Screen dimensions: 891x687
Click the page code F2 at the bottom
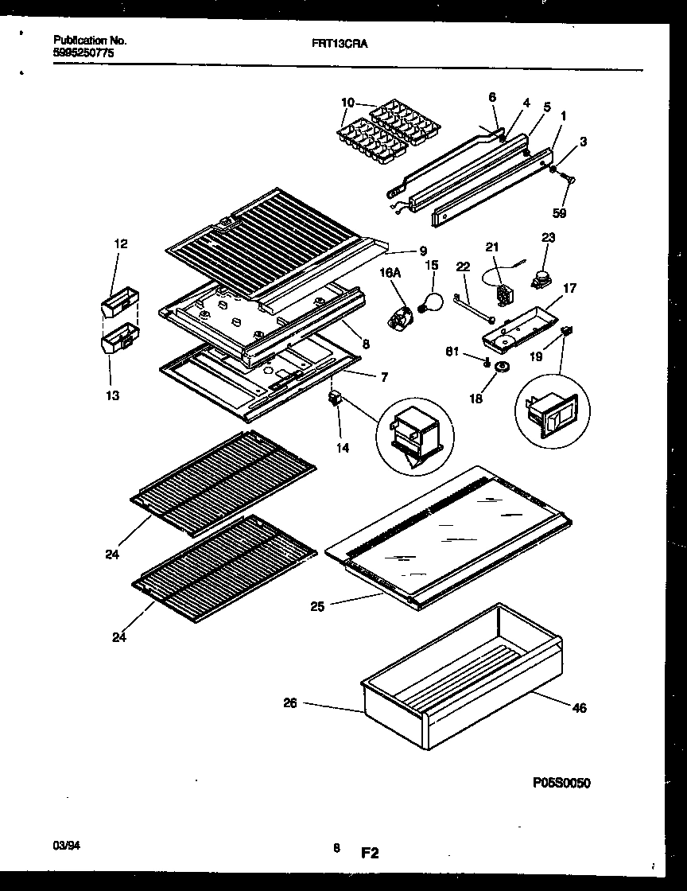(370, 854)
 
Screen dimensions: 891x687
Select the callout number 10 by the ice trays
(347, 102)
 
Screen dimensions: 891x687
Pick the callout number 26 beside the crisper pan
(290, 703)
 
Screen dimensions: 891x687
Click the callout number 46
(580, 707)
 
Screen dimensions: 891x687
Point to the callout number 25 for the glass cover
(317, 607)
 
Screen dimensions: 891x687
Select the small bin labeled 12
(119, 304)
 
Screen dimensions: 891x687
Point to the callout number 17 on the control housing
(569, 289)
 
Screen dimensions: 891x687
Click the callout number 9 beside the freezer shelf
(423, 251)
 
